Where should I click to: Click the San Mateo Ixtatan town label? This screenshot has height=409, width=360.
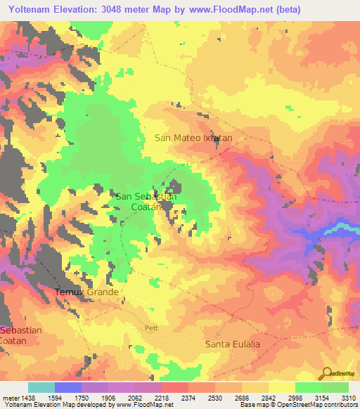point(193,138)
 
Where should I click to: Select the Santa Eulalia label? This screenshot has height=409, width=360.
point(232,344)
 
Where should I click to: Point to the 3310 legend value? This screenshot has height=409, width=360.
point(347,398)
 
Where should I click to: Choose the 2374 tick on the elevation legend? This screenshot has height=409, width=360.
point(187,398)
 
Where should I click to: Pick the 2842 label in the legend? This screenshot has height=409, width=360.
point(267,398)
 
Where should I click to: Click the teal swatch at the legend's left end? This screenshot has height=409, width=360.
point(41,387)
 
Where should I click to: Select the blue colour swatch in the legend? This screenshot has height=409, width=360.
point(67,387)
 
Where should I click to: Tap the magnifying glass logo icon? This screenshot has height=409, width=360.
point(326,373)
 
